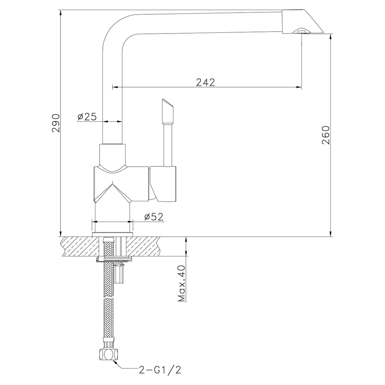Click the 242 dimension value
205,82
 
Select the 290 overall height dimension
57,123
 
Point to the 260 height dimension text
326,135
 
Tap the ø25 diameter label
87,117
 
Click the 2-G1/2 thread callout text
159,370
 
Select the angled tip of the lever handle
167,105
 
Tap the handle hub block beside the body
163,184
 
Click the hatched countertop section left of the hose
79,246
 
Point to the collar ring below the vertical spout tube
112,154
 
